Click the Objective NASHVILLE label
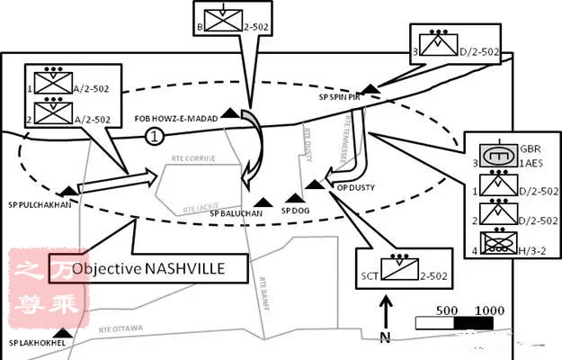[160, 268]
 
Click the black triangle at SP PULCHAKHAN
[67, 190]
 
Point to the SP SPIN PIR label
[339, 96]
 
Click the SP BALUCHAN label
[236, 213]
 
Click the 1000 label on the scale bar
[490, 309]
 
